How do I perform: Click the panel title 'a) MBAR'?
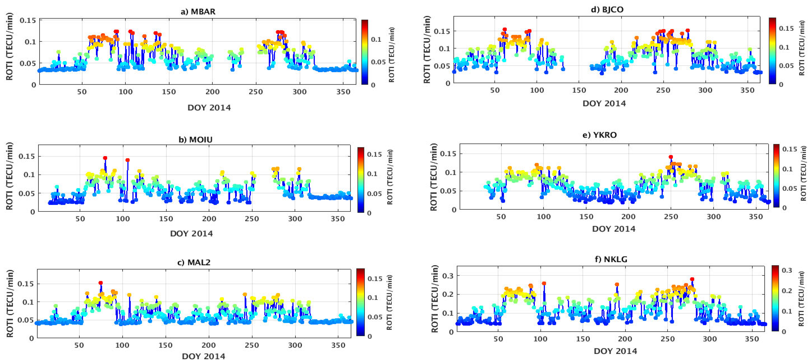198,12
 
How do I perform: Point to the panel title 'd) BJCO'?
607,9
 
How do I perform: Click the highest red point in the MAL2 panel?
101,283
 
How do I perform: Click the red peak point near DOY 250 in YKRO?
671,157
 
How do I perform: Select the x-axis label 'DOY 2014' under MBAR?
209,108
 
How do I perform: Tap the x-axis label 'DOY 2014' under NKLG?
615,351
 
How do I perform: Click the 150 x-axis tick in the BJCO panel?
579,90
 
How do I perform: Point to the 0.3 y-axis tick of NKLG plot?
447,276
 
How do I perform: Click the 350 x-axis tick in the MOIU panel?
337,219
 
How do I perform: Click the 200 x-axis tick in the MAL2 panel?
208,345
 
